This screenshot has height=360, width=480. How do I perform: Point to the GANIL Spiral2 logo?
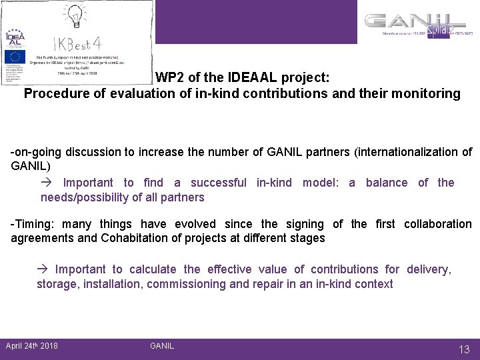pyautogui.click(x=418, y=25)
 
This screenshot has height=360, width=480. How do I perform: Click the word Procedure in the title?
pyautogui.click(x=52, y=93)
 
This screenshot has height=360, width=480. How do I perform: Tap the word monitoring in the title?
pyautogui.click(x=427, y=93)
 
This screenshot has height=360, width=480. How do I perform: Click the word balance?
pyautogui.click(x=387, y=183)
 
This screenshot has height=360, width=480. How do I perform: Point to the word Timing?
pyautogui.click(x=33, y=224)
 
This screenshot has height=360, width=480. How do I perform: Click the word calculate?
pyautogui.click(x=153, y=269)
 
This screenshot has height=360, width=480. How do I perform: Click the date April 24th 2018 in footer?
pyautogui.click(x=31, y=345)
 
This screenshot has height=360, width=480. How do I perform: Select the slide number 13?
pyautogui.click(x=463, y=349)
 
